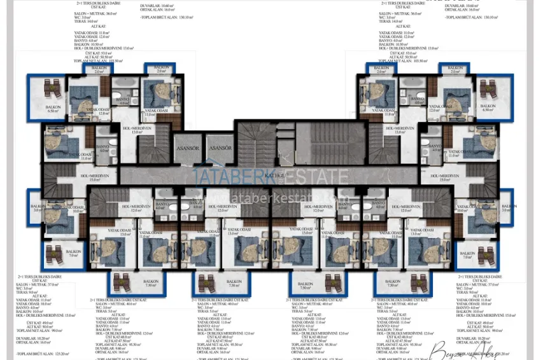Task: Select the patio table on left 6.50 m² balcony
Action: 53,88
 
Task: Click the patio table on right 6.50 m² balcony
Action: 488,88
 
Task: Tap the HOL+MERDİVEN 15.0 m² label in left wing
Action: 94,177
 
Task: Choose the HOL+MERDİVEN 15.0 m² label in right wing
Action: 448,177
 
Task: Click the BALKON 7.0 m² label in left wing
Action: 74,254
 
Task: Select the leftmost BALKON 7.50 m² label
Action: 150,283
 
